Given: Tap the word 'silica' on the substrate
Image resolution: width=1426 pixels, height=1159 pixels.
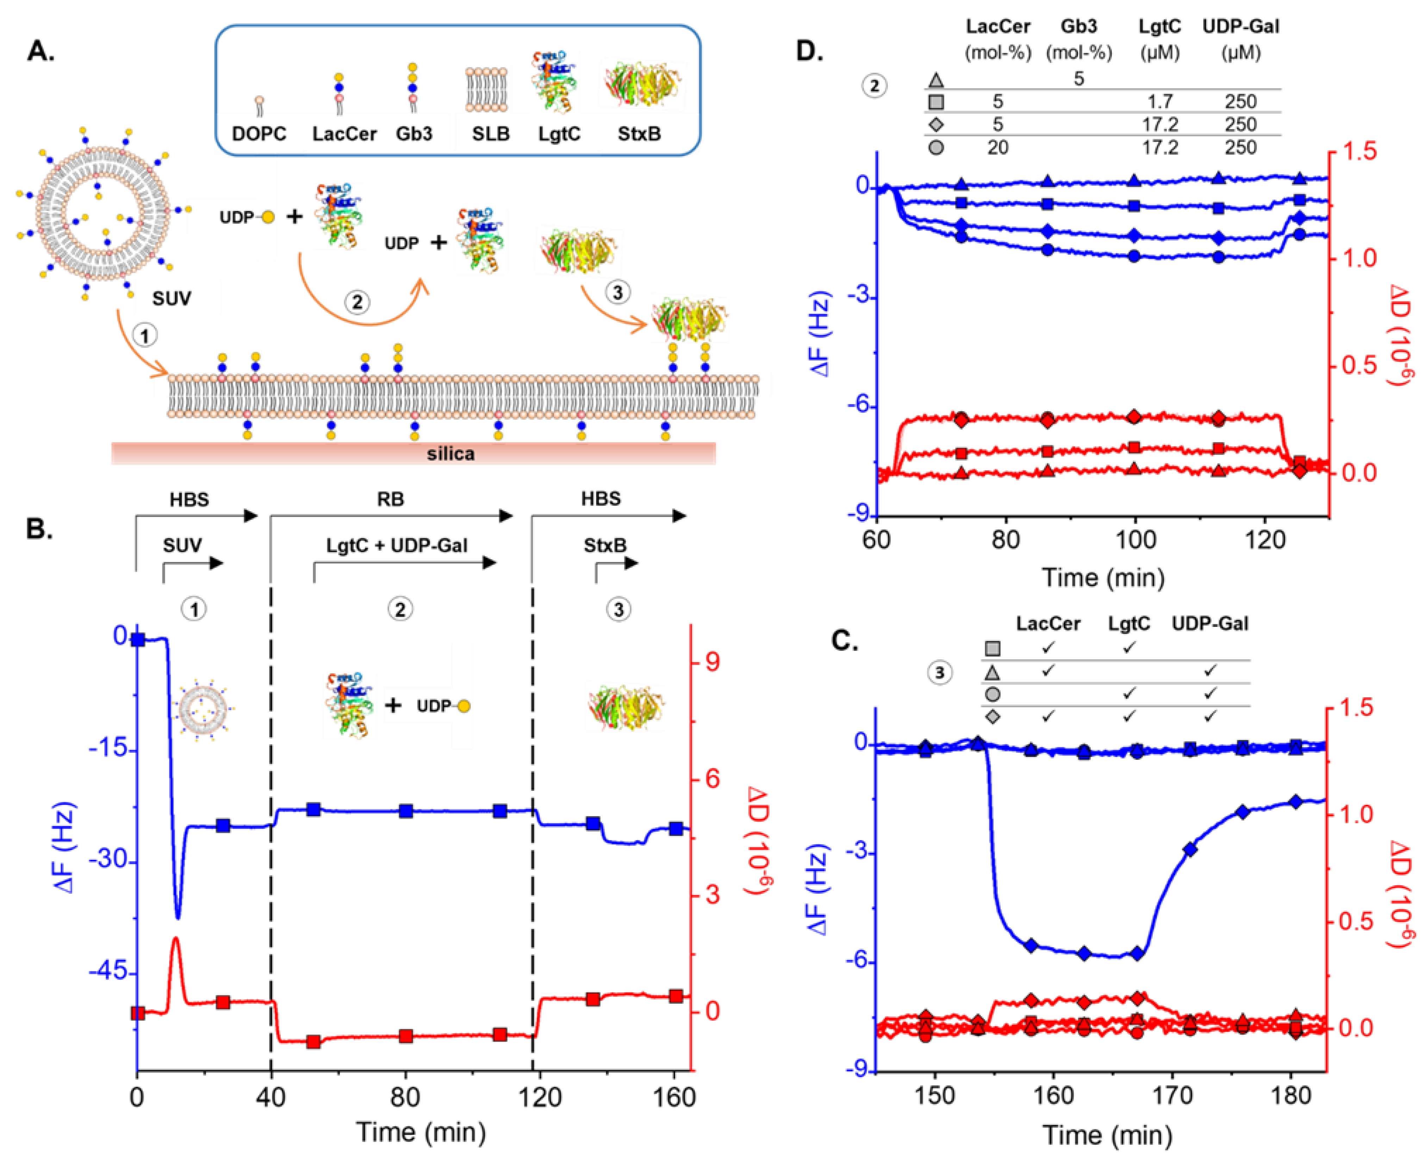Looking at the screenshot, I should (x=450, y=454).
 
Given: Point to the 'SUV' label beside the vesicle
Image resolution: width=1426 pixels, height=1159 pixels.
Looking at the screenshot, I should (x=172, y=298).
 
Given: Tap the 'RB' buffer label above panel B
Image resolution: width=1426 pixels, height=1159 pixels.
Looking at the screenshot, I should (x=390, y=499).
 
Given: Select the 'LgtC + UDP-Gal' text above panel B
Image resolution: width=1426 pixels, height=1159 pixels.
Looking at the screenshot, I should (x=396, y=545).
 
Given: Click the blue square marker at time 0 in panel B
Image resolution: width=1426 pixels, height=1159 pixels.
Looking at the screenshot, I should (x=137, y=640).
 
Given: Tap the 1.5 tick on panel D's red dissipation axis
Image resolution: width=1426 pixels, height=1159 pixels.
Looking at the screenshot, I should (x=1357, y=152).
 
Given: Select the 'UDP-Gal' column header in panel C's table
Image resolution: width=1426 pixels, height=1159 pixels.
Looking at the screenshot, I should (x=1210, y=624).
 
